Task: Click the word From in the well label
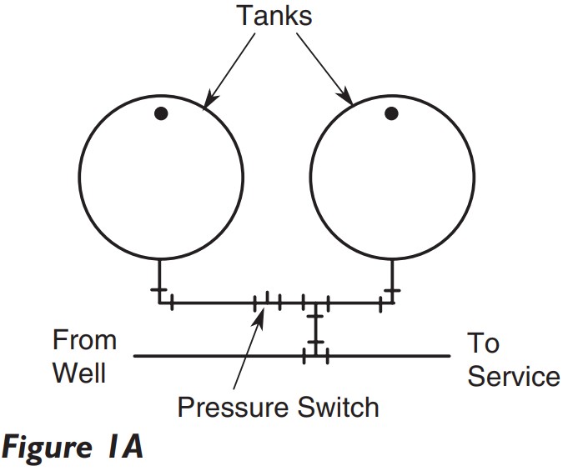(x=84, y=340)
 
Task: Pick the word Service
(x=513, y=376)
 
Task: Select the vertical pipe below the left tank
(x=158, y=279)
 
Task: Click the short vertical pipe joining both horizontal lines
(x=314, y=329)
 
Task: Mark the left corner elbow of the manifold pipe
(x=158, y=302)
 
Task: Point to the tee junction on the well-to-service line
(x=314, y=356)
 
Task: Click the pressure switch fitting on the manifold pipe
(x=267, y=302)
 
